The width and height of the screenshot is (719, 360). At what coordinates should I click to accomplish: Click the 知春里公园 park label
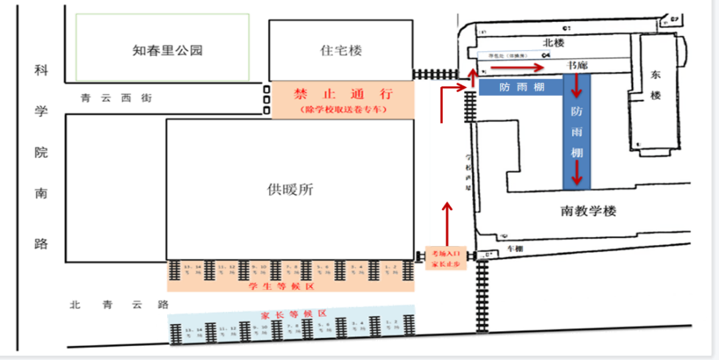pos(167,51)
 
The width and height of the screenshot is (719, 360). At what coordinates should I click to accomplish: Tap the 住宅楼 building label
pos(341,51)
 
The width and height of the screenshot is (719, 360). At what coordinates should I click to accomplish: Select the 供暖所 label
pos(290,190)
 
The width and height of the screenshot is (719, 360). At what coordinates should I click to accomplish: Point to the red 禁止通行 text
pos(343,94)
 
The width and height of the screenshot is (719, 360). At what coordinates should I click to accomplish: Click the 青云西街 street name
pos(117,98)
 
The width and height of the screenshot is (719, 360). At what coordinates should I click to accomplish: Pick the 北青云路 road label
pos(120,305)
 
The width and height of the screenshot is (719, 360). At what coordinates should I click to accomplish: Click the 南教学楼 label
pos(588,211)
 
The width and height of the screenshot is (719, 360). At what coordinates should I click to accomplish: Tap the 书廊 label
pos(577,65)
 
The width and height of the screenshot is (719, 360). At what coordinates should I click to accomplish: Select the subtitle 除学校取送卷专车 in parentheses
pos(343,109)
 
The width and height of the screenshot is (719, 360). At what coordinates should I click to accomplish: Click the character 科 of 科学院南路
pos(41,71)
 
